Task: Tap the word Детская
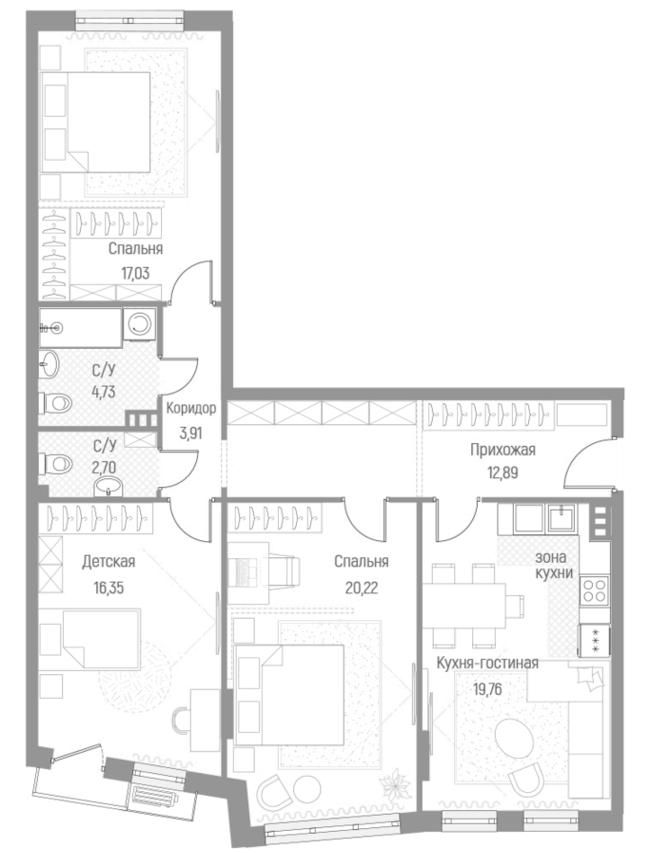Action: point(108,561)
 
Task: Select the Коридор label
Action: point(191,410)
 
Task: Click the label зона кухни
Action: point(553,566)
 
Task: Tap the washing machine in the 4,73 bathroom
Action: point(140,325)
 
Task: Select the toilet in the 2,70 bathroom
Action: point(58,464)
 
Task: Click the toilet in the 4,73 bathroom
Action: point(57,403)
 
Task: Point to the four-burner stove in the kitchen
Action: point(595,589)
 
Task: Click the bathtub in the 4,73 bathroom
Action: point(80,326)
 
